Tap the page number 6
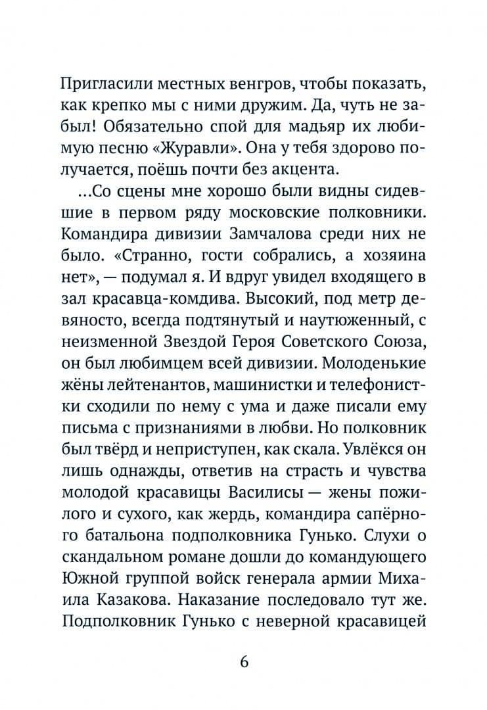coord(244,661)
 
